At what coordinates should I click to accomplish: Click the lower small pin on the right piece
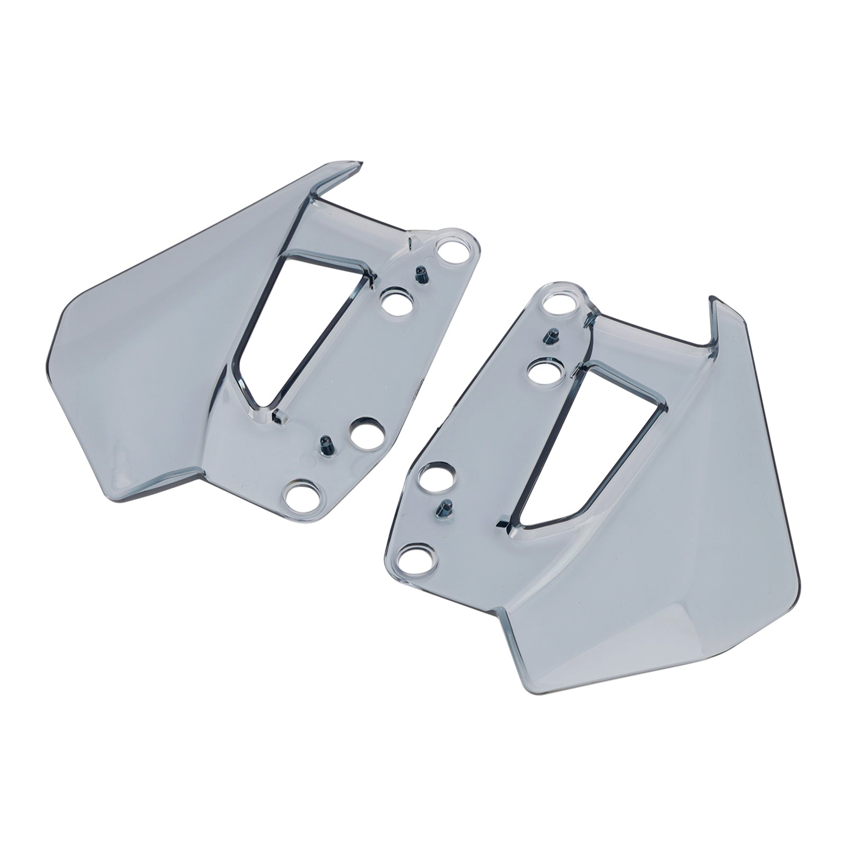point(442,507)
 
